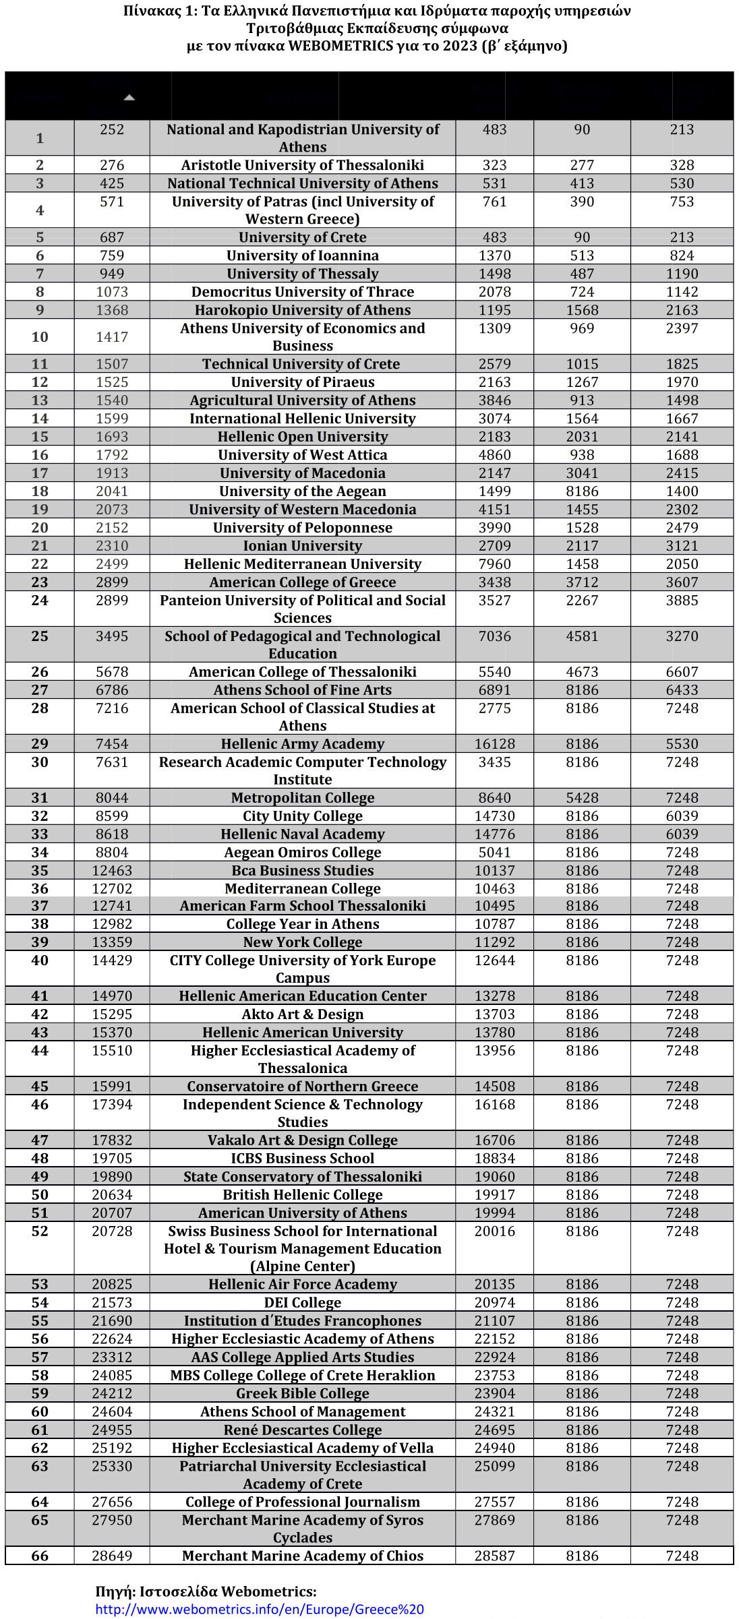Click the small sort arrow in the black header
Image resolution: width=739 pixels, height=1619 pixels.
[x=129, y=98]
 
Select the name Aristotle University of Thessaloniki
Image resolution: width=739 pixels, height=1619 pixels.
[x=302, y=165]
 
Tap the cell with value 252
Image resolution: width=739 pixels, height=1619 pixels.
[x=112, y=129]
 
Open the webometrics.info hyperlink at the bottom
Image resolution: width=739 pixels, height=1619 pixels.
[x=260, y=1609]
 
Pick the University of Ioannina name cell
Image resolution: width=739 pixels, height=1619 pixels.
[x=302, y=255]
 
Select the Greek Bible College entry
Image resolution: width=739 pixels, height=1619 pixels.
[x=302, y=1393]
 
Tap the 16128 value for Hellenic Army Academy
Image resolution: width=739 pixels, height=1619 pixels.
[x=494, y=743]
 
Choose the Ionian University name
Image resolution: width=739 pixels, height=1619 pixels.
[x=302, y=545]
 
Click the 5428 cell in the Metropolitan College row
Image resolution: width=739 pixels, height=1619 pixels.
[x=582, y=797]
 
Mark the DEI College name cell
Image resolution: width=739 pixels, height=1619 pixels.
[x=302, y=1302]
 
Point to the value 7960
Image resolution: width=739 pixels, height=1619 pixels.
[x=494, y=563]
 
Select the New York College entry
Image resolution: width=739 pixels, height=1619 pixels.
[x=302, y=942]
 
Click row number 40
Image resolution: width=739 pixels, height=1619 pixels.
[x=40, y=960]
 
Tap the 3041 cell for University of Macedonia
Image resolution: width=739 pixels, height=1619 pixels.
[x=582, y=472]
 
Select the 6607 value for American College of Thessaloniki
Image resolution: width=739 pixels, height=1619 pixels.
[x=682, y=671]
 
